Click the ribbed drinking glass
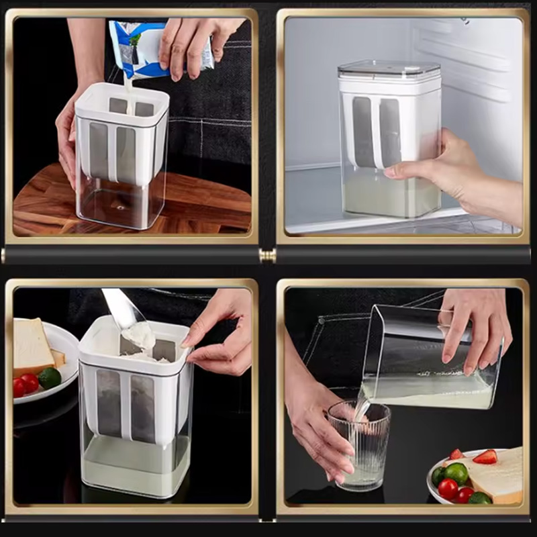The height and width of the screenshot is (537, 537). click(x=359, y=443)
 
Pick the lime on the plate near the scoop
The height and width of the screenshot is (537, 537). click(x=50, y=378)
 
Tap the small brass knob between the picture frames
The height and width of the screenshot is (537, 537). click(x=268, y=255)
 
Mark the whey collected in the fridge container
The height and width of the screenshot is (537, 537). click(x=389, y=198)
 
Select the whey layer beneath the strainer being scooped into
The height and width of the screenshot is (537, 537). click(x=134, y=463)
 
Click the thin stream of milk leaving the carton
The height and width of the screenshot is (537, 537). click(x=127, y=87)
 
